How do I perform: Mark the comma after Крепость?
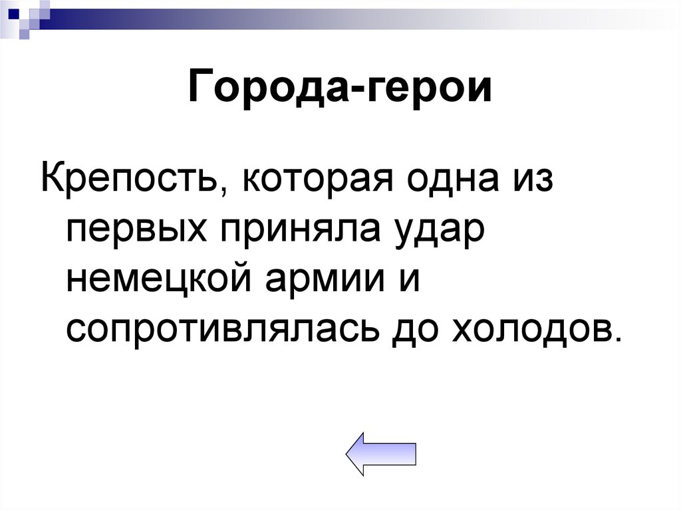(x=221, y=194)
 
